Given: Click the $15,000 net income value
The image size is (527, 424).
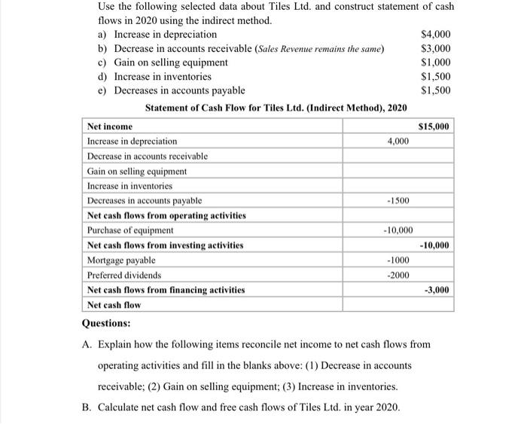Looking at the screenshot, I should tap(434, 126).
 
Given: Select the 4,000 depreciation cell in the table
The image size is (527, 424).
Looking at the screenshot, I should tap(398, 141).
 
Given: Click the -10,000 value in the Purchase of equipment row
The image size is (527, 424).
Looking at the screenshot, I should tap(396, 230).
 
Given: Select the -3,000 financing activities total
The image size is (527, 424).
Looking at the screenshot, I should tap(437, 290).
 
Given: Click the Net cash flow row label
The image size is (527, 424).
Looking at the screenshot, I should tap(114, 305).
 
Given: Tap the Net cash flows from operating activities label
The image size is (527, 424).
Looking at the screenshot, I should tap(166, 215).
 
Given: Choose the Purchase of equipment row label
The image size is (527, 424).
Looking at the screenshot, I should tap(130, 230).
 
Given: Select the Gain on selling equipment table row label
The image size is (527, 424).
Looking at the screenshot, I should tap(137, 171).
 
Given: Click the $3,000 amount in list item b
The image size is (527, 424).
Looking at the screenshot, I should tap(437, 49).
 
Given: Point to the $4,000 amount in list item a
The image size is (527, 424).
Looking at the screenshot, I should tap(437, 35).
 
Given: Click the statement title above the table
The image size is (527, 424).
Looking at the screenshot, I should tap(276, 108).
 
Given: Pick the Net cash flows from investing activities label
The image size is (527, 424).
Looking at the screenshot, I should tap(165, 246).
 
